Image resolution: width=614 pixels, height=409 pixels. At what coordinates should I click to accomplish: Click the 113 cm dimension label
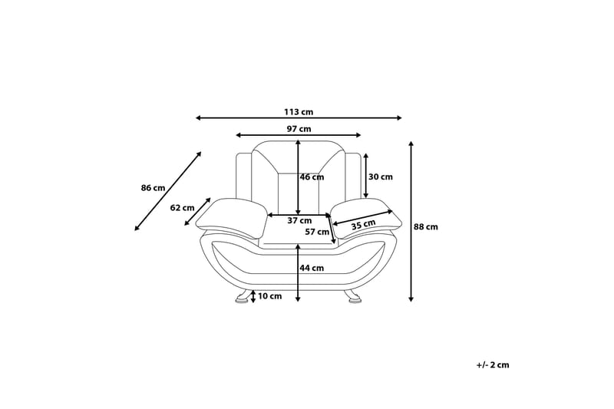(299, 112)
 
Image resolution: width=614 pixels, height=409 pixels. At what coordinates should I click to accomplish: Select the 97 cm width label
(299, 129)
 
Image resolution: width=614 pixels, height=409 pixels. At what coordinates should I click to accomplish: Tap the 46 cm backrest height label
(312, 177)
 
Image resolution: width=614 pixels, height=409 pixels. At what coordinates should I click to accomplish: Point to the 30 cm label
(380, 176)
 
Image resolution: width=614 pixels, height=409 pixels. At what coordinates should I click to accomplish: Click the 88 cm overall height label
(426, 226)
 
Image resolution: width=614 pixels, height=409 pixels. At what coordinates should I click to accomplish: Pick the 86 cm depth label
(153, 188)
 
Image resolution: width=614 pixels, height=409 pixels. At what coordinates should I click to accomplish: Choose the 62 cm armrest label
(182, 208)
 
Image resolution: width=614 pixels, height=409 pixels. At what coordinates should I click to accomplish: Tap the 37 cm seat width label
(299, 221)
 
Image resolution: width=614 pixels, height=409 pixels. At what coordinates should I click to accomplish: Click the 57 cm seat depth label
(317, 232)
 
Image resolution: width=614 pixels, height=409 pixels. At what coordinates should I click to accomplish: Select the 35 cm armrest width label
(363, 225)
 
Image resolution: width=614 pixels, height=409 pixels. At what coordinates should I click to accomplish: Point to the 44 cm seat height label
(312, 268)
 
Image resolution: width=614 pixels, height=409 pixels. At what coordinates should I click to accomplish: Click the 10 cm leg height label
(270, 296)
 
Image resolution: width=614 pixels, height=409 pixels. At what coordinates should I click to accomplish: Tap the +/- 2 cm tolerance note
(493, 364)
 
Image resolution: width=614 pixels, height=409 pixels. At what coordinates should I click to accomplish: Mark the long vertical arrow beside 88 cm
(411, 222)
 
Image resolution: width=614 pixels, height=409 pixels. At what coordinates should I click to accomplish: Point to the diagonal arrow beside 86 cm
(168, 191)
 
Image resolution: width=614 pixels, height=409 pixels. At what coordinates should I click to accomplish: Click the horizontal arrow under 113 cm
(299, 118)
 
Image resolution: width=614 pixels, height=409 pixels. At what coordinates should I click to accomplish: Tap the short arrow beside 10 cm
(253, 296)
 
